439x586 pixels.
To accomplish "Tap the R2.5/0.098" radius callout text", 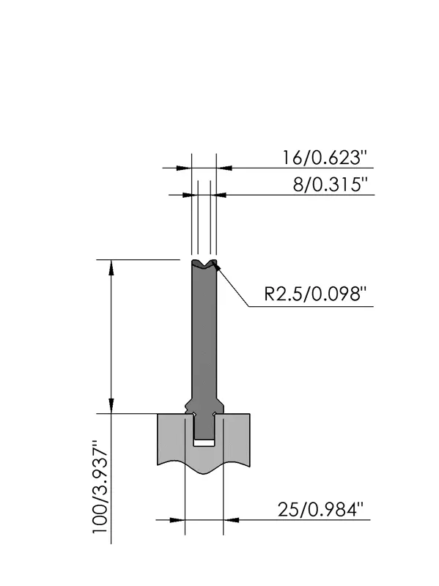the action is tap(314, 294).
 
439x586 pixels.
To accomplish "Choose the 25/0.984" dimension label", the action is tap(320, 509).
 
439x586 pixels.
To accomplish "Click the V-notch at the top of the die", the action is tap(204, 264).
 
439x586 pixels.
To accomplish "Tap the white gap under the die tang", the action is tap(204, 443).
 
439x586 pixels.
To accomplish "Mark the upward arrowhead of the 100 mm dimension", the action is tap(111, 268).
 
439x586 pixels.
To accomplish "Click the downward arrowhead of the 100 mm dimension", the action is tap(111, 406).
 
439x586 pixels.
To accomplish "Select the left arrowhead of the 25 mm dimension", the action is tap(177, 520).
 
